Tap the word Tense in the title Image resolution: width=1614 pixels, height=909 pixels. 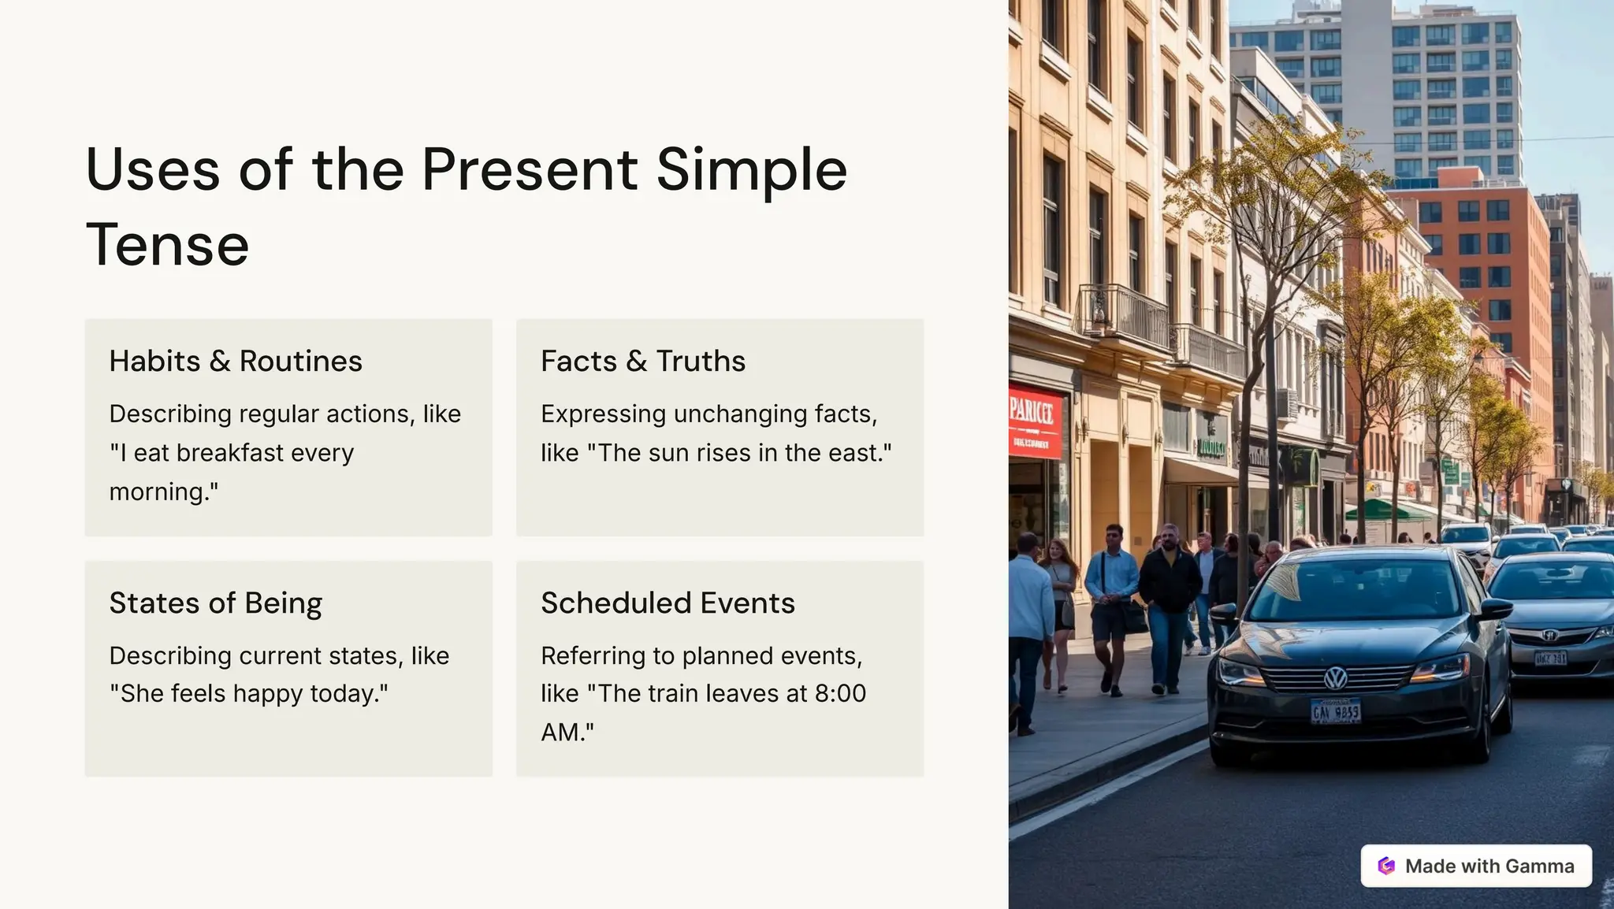(x=167, y=245)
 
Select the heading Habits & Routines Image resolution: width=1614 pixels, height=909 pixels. (x=236, y=361)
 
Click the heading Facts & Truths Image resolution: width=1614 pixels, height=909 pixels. (x=642, y=361)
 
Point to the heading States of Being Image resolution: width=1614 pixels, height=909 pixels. (x=215, y=603)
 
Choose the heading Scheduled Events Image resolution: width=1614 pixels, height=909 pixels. (x=668, y=603)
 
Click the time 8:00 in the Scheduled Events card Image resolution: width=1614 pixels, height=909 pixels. (x=840, y=693)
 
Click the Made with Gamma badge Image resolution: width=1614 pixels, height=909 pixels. (x=1476, y=866)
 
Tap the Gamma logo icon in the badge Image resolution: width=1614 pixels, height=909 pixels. (x=1386, y=866)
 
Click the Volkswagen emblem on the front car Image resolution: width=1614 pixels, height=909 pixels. (x=1335, y=677)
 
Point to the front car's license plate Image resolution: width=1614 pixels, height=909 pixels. (x=1335, y=711)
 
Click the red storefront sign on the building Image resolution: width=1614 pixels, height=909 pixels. (x=1035, y=421)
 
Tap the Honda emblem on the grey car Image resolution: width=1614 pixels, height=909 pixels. (x=1549, y=635)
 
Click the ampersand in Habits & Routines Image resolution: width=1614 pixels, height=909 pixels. (x=220, y=362)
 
